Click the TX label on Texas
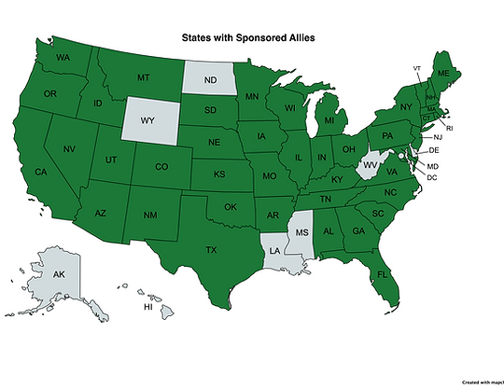[x=211, y=249]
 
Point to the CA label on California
[x=41, y=172]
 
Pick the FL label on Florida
[x=383, y=274]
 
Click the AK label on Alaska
[x=58, y=275]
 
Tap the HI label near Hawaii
[x=147, y=307]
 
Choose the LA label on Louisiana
[x=275, y=251]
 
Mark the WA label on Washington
[x=63, y=58]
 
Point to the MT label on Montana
[x=144, y=77]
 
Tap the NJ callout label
[x=439, y=137]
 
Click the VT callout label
[x=417, y=69]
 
